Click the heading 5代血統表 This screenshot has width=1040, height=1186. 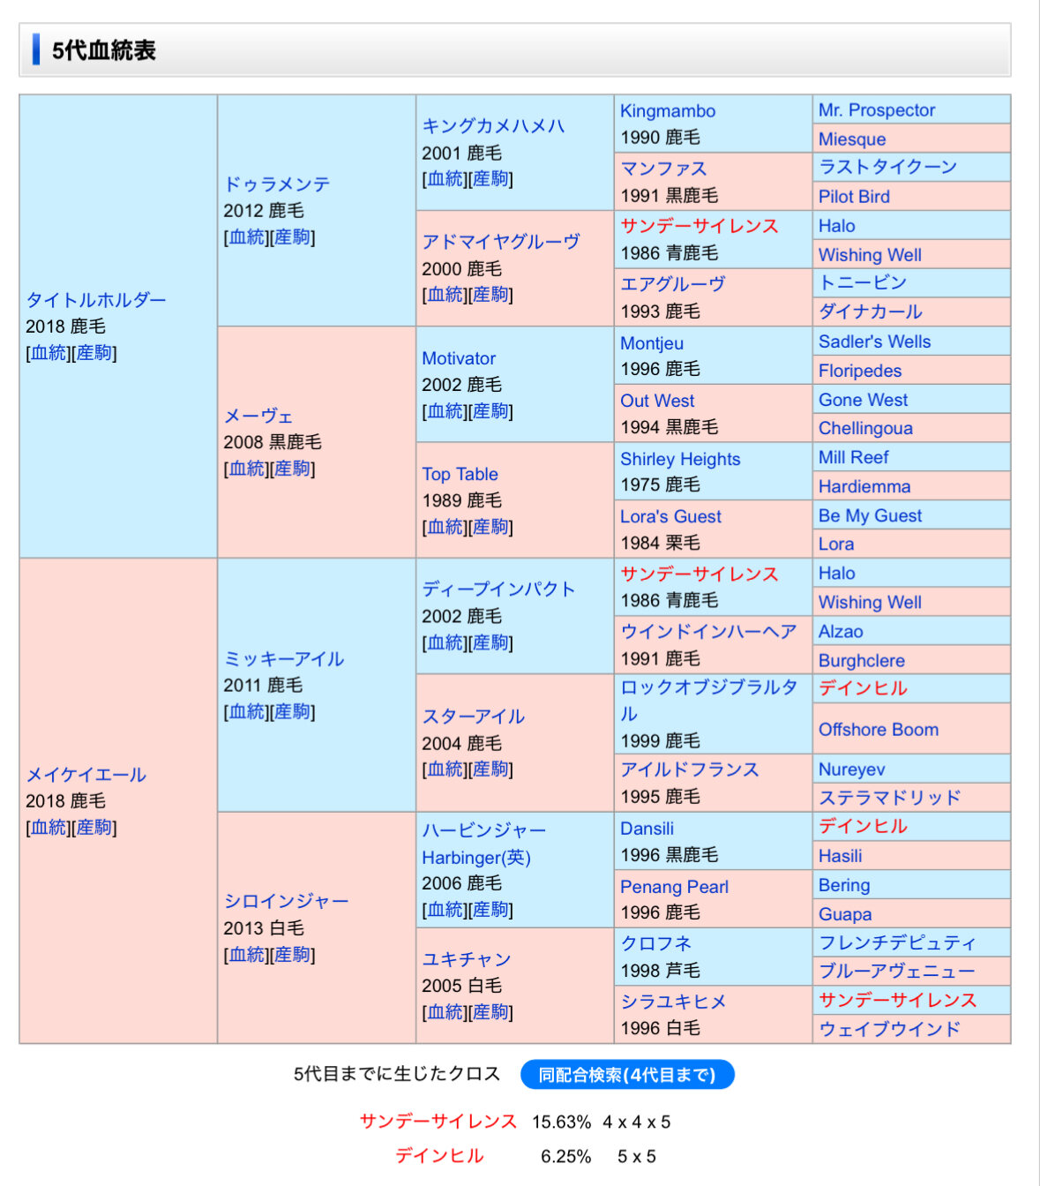[103, 50]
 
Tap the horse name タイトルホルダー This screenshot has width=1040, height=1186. [96, 300]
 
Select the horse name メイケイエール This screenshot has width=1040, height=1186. [86, 775]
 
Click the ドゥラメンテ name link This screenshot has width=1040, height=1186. [277, 184]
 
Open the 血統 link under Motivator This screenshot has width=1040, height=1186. [445, 411]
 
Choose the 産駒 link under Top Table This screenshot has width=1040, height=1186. [490, 527]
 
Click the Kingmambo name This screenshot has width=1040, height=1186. [668, 111]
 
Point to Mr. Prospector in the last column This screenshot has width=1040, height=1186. [876, 110]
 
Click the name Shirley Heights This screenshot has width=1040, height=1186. [680, 459]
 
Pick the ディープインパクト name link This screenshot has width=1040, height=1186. [498, 589]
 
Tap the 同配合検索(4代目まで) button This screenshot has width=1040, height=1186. [627, 1075]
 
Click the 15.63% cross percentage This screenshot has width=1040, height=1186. [561, 1122]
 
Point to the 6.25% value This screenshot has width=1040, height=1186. [565, 1157]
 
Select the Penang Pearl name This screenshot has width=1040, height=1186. [674, 887]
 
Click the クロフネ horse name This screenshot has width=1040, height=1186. [656, 944]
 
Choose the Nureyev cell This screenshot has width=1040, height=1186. [851, 769]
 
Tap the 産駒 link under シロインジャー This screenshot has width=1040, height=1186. [292, 955]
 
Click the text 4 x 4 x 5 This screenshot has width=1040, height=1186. [637, 1122]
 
